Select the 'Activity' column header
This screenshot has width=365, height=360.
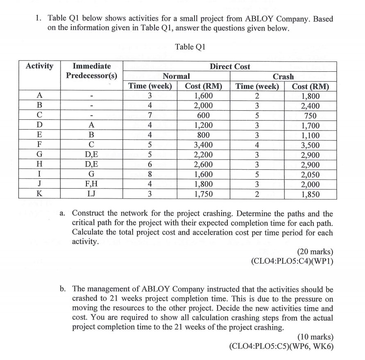click(x=40, y=66)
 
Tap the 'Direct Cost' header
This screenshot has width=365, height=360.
click(x=230, y=66)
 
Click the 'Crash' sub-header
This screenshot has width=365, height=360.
click(x=283, y=76)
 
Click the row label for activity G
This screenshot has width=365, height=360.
click(x=39, y=155)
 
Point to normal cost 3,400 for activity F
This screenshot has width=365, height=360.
click(x=204, y=145)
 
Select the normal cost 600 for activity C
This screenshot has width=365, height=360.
click(x=204, y=116)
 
